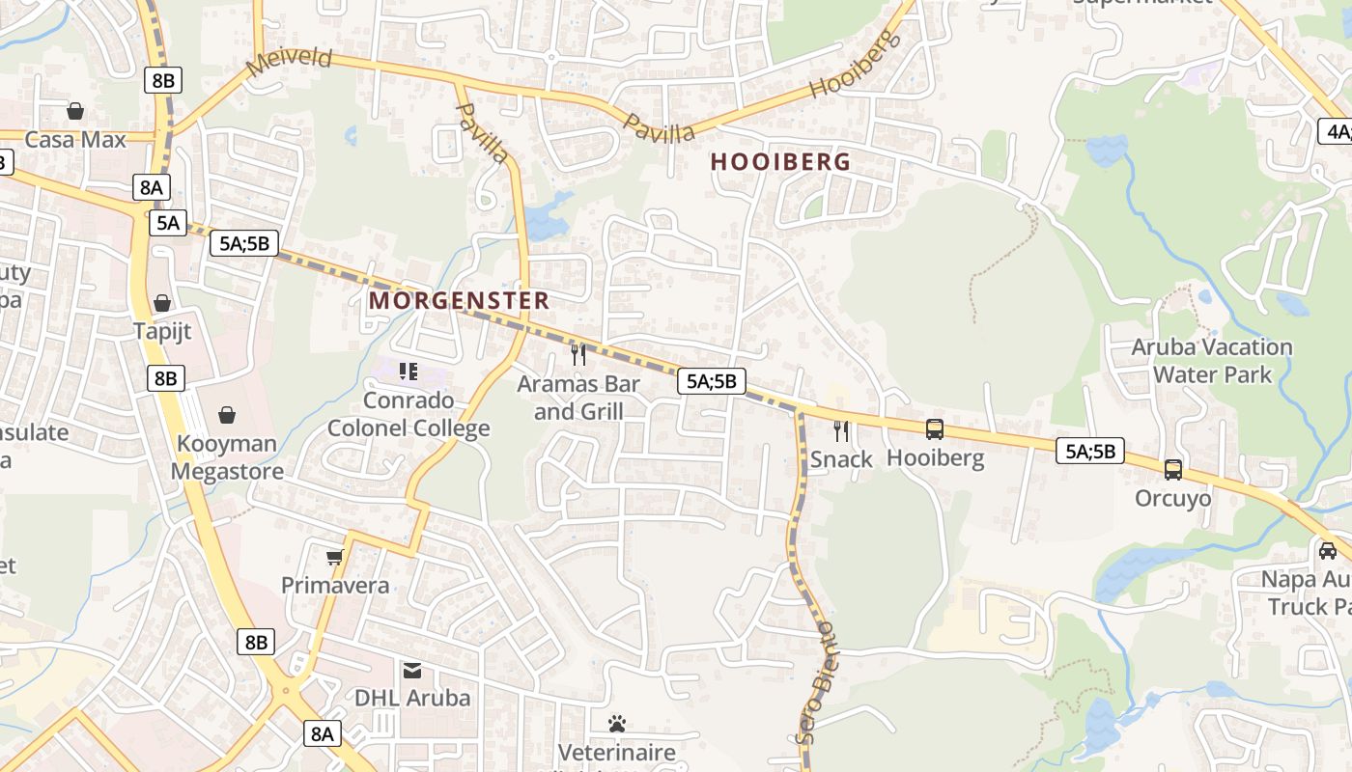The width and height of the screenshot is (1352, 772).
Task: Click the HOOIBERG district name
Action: point(780,162)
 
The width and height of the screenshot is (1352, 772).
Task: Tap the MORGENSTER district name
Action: point(459,300)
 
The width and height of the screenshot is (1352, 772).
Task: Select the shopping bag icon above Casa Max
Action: point(75,111)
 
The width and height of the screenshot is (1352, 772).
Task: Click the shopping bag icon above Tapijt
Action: point(162,303)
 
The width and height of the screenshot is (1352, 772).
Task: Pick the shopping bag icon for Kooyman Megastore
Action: point(227,415)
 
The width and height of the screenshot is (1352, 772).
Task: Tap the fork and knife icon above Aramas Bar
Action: point(578,354)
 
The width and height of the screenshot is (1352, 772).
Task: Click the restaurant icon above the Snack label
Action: point(841,430)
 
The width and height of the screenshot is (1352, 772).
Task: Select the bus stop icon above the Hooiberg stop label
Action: point(935,429)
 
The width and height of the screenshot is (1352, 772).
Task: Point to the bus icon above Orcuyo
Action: point(1172,470)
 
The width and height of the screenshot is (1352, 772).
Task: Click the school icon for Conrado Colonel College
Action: point(408,371)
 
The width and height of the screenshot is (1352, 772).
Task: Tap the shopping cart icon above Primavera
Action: point(335,557)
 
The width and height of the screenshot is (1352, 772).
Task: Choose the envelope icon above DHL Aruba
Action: point(412,670)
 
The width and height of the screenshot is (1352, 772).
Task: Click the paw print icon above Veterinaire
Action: point(617,723)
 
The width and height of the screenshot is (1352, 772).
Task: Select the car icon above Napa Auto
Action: point(1328,550)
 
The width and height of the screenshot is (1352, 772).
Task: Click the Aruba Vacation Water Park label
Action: point(1212,360)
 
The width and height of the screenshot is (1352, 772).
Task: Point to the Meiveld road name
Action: point(289,60)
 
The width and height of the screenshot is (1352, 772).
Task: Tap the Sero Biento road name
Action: point(817,681)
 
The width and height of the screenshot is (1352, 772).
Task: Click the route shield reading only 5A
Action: point(167,223)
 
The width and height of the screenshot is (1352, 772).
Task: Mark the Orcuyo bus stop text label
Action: point(1172,498)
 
